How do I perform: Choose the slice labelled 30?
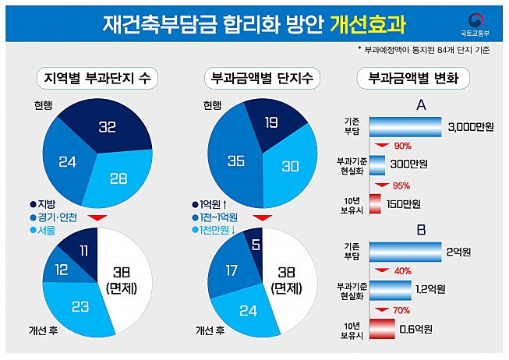289,166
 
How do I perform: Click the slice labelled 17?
231,272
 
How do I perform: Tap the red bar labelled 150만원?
375,204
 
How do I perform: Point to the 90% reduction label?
402,146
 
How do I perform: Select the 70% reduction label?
401,310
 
